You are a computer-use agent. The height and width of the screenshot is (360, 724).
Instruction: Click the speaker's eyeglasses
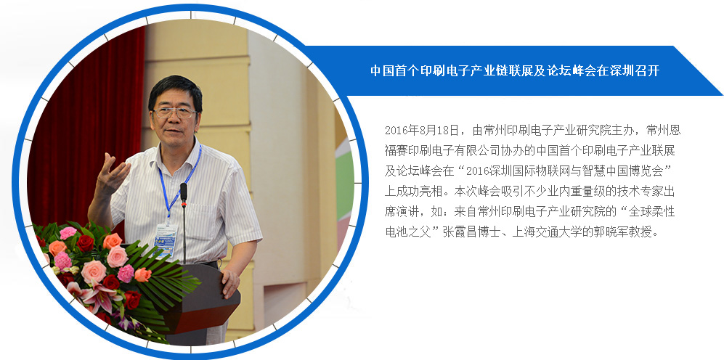click(x=174, y=112)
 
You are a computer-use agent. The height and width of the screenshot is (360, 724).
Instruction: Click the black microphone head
click(x=183, y=192)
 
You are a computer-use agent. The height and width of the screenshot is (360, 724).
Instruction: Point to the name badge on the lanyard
click(x=166, y=240)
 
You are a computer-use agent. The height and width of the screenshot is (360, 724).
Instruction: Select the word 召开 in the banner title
click(x=648, y=70)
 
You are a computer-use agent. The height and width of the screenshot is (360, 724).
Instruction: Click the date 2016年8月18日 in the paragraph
click(x=422, y=130)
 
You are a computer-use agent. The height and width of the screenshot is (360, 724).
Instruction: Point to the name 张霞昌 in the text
click(x=458, y=232)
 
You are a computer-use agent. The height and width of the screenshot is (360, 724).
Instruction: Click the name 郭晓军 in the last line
click(x=606, y=232)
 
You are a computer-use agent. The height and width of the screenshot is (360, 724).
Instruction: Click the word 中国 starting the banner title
click(x=381, y=70)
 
